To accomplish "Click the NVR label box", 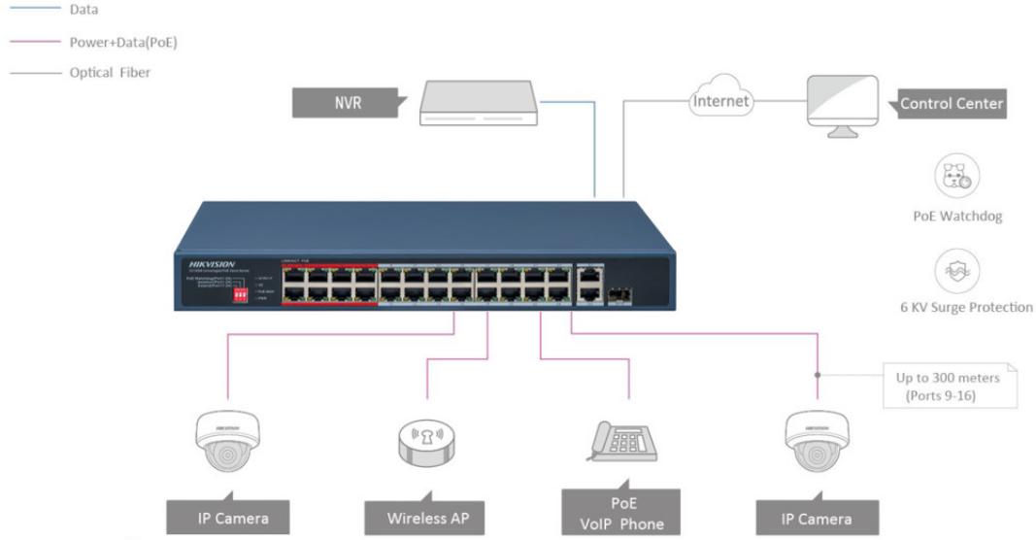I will click(346, 100).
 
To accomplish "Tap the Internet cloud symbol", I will click(720, 100).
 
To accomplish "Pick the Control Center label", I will click(950, 104).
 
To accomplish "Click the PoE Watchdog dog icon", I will click(955, 177).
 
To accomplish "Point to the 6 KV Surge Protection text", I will click(967, 307).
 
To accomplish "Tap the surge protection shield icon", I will click(955, 268).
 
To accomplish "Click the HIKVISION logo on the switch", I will click(205, 263).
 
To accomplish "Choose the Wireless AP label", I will click(427, 518).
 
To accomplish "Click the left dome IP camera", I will click(226, 439).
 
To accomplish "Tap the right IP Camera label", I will click(817, 519).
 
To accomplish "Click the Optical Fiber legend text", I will click(110, 73).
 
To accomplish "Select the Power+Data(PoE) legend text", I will click(122, 42).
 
